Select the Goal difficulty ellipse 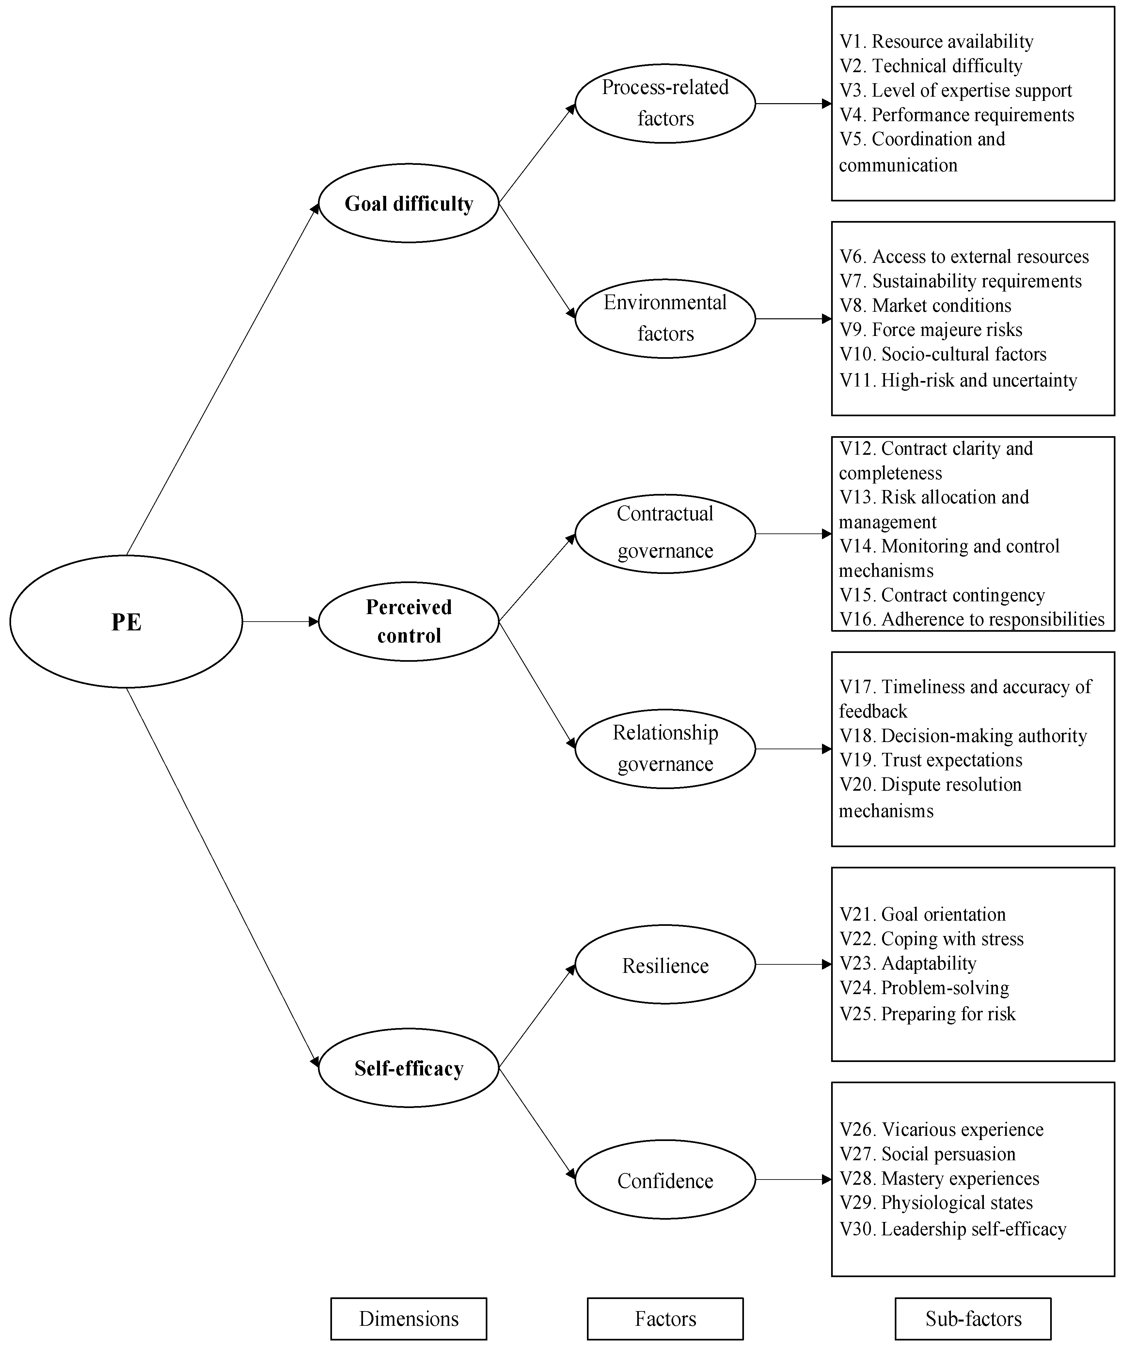coord(408,203)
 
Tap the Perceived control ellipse coord(408,621)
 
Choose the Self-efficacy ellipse coord(408,1068)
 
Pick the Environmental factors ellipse coord(665,318)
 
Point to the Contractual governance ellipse coord(665,533)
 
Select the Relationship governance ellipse coord(665,749)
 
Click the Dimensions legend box coord(408,1319)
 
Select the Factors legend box coord(665,1319)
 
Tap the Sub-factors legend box coord(973,1319)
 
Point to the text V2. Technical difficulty coord(931,66)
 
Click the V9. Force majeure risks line coord(931,330)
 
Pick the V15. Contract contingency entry coord(942,595)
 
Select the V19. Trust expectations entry coord(931,760)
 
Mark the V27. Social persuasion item coord(927,1154)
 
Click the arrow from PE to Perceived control coord(280,622)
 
